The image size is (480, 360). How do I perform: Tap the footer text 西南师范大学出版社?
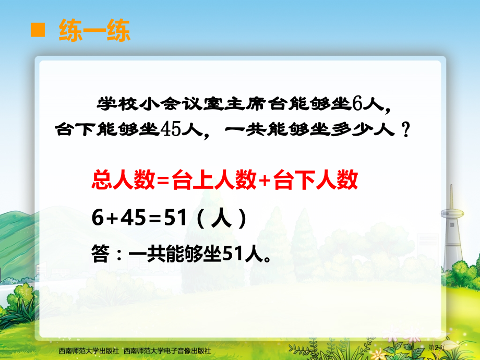pyautogui.click(x=89, y=352)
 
